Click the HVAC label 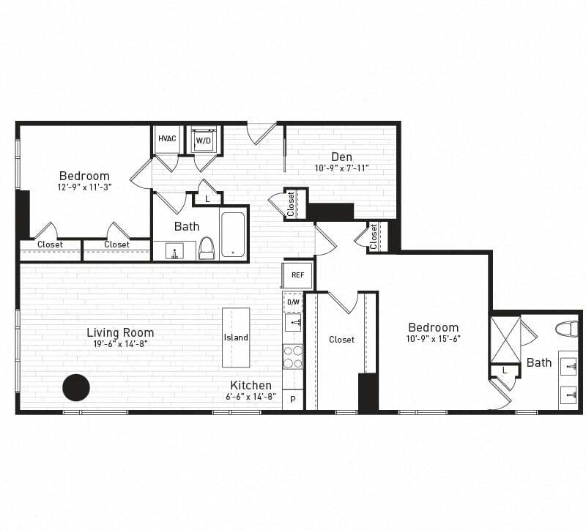pyautogui.click(x=166, y=139)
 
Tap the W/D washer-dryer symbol pyautogui.click(x=203, y=140)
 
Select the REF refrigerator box pyautogui.click(x=297, y=275)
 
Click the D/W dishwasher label pyautogui.click(x=293, y=302)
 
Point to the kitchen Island pyautogui.click(x=236, y=337)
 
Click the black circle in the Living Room pyautogui.click(x=76, y=387)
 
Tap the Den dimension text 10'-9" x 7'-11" pyautogui.click(x=341, y=168)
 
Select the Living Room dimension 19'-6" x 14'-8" pyautogui.click(x=120, y=343)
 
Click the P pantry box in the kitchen pyautogui.click(x=293, y=399)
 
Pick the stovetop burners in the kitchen pyautogui.click(x=293, y=357)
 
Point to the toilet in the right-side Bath pyautogui.click(x=567, y=329)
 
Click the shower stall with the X pyautogui.click(x=505, y=339)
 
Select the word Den pyautogui.click(x=341, y=157)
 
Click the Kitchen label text pyautogui.click(x=251, y=385)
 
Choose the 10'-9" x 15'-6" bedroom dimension pyautogui.click(x=434, y=339)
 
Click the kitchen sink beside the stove pyautogui.click(x=293, y=323)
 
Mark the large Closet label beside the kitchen pyautogui.click(x=341, y=340)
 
